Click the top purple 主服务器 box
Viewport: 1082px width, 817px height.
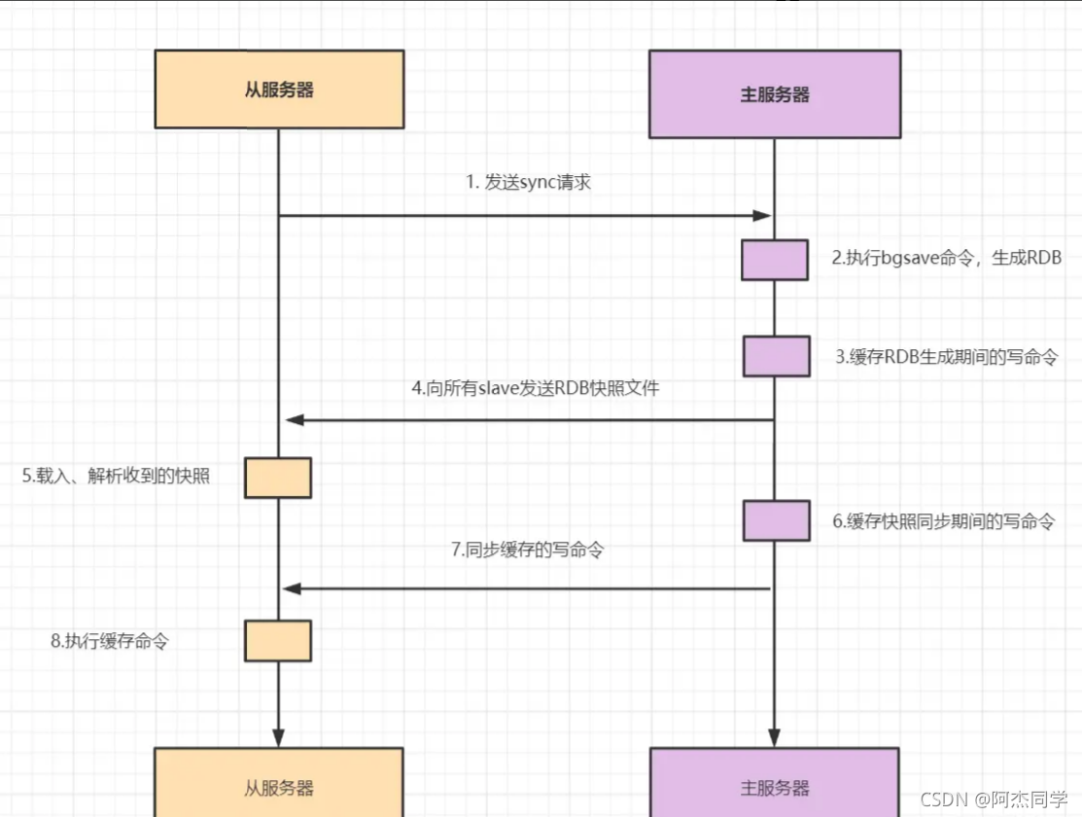[x=775, y=94]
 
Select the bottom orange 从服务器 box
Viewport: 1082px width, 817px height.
[x=279, y=783]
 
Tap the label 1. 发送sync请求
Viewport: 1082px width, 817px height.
[x=528, y=182]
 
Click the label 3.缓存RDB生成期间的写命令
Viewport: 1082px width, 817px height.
[x=946, y=356]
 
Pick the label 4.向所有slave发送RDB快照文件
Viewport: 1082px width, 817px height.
[x=535, y=388]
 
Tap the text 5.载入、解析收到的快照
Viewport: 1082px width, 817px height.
[x=117, y=476]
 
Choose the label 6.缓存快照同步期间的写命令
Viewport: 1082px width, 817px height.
[x=943, y=520]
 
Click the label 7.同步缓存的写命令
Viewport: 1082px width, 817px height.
[x=527, y=550]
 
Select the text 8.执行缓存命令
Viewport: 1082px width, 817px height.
[x=109, y=641]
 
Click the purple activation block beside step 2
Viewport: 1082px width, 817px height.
[x=775, y=260]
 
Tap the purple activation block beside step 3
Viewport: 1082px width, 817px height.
[x=776, y=356]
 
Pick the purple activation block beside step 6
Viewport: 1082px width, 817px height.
[x=776, y=520]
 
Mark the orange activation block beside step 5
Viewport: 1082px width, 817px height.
[x=278, y=478]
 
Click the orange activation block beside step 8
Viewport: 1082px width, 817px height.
[x=278, y=641]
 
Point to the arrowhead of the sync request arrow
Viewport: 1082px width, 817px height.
[x=763, y=216]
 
